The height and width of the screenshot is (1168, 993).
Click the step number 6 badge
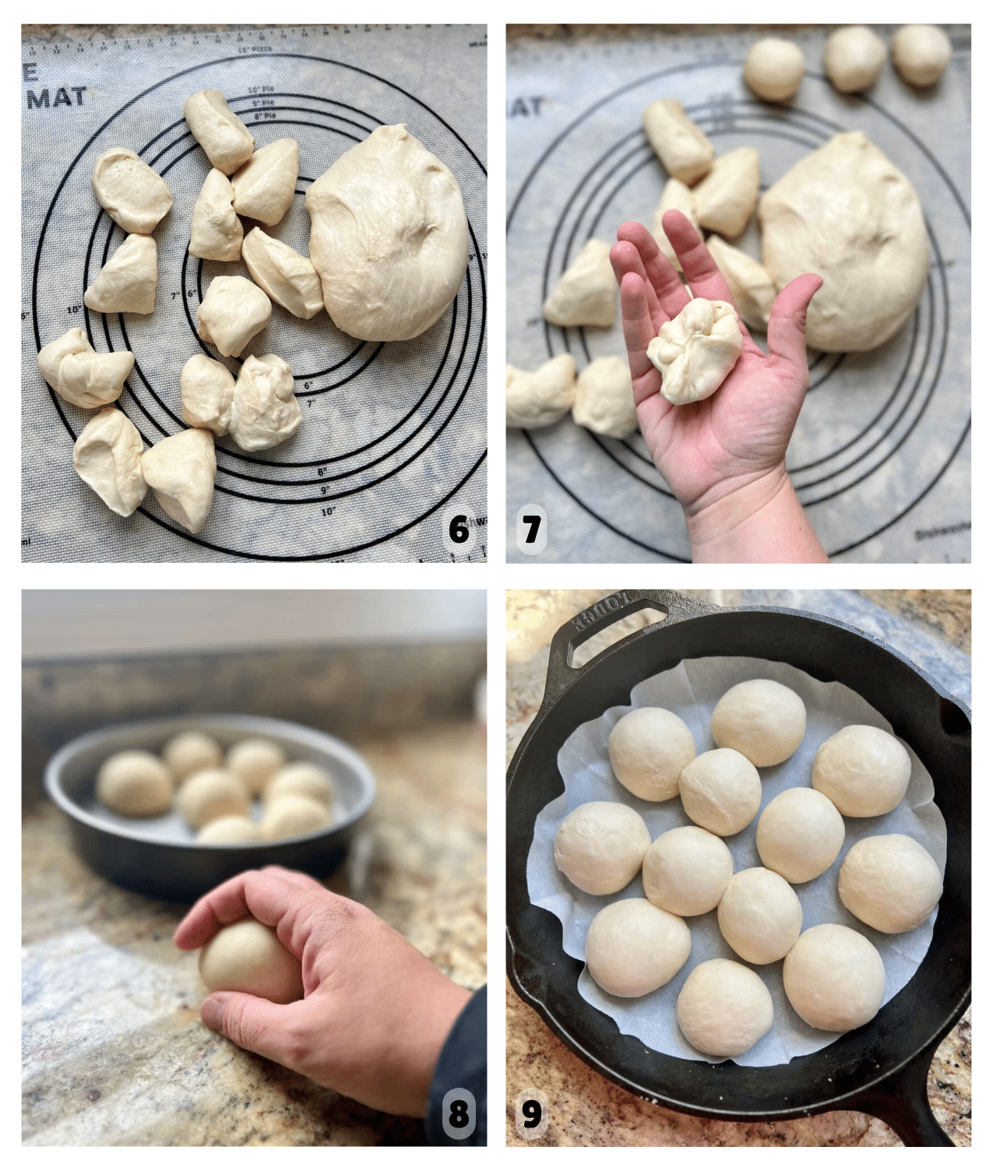click(460, 530)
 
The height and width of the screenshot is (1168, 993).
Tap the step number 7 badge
click(532, 530)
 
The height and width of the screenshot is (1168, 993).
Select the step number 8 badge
click(460, 1114)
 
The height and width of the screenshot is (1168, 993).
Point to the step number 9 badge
click(532, 1114)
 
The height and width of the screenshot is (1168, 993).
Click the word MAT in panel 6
click(55, 97)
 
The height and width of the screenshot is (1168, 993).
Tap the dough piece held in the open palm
click(693, 350)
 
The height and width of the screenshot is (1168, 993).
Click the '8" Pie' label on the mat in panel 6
click(264, 115)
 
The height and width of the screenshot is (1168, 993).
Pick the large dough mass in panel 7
click(845, 241)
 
